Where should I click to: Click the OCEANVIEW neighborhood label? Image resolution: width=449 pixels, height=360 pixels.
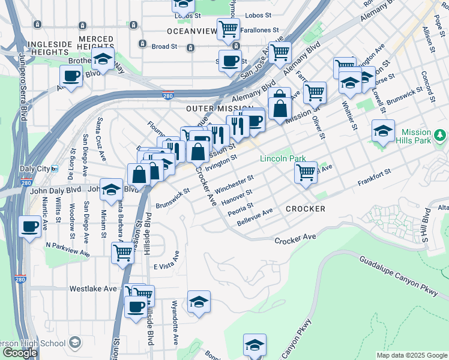190,31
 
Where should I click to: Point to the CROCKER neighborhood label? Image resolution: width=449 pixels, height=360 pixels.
305,209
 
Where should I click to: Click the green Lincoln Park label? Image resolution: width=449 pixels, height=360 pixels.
283,159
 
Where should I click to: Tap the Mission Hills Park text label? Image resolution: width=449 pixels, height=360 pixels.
416,137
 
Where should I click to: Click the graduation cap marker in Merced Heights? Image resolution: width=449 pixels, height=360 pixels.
103,59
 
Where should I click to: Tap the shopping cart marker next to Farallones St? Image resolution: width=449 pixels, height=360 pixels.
228,28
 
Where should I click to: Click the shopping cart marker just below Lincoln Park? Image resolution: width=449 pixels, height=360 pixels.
306,173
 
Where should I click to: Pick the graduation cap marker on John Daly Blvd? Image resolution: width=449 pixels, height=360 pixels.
111,190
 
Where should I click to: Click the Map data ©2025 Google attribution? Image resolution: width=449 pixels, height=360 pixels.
411,355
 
